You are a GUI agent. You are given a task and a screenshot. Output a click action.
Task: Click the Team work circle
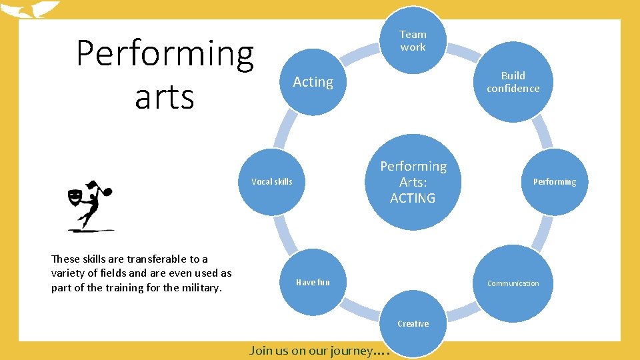pyautogui.click(x=413, y=41)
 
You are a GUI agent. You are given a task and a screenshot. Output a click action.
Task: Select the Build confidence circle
pyautogui.click(x=513, y=82)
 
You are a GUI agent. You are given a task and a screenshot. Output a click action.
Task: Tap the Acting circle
pyautogui.click(x=313, y=82)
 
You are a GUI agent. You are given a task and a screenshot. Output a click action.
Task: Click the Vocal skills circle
pyautogui.click(x=272, y=181)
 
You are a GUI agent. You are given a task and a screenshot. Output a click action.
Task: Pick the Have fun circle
pyautogui.click(x=313, y=282)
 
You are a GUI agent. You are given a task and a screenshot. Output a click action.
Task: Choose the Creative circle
pyautogui.click(x=413, y=323)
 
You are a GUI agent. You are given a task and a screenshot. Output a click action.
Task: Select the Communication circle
pyautogui.click(x=513, y=283)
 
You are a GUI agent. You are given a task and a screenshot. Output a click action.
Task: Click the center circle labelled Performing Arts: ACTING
pyautogui.click(x=413, y=182)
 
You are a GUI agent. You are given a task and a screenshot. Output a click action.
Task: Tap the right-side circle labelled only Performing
pyautogui.click(x=554, y=181)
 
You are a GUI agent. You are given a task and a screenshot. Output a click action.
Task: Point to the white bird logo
pyautogui.click(x=30, y=10)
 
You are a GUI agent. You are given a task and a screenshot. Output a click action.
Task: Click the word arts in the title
pyautogui.click(x=164, y=97)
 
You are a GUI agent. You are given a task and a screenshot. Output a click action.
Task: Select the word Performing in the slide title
pyautogui.click(x=165, y=54)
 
